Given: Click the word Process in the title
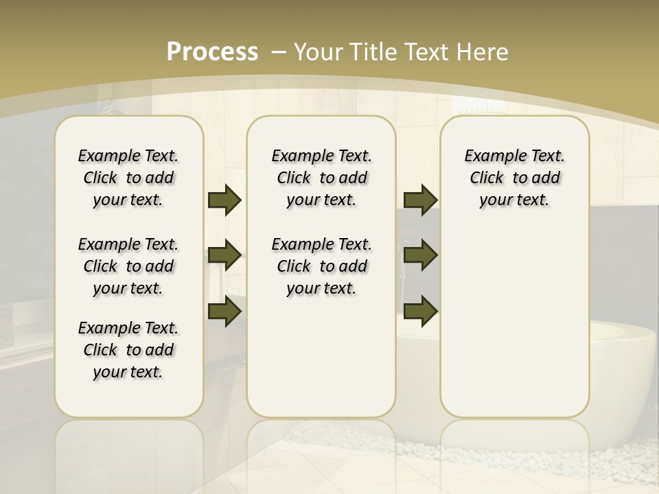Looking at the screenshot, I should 212,51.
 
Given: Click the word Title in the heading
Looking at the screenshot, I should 371,51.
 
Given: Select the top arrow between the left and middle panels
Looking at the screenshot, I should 224,200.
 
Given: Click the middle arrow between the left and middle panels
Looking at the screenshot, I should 224,255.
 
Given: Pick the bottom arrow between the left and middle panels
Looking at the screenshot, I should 224,311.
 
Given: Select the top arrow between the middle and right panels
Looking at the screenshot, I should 420,200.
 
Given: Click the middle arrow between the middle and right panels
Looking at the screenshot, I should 420,255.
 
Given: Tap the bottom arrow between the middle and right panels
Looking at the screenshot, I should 420,311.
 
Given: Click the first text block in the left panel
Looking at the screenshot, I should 128,178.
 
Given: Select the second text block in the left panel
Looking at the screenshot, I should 128,266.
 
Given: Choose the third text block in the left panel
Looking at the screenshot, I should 128,350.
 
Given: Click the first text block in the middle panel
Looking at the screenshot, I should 321,178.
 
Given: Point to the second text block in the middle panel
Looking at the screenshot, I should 321,266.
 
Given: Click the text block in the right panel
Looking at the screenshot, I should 514,178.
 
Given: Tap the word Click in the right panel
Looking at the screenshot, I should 487,178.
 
